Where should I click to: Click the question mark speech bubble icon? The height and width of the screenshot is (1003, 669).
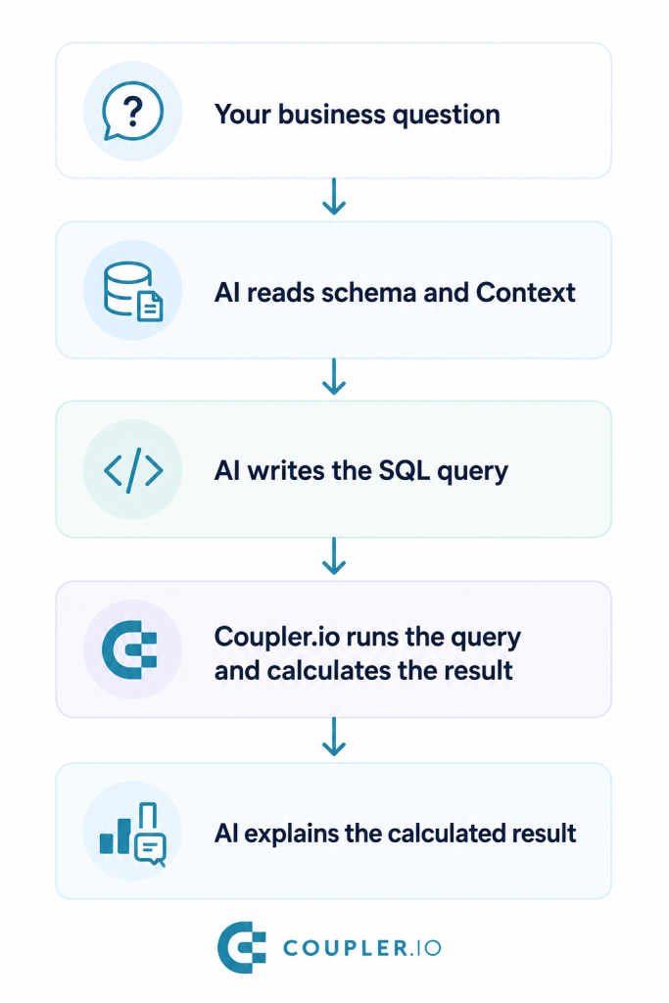coord(132,112)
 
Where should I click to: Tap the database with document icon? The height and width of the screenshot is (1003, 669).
coord(133,291)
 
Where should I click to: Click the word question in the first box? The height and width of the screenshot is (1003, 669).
coord(446,116)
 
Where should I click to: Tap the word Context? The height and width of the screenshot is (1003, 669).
coord(525,292)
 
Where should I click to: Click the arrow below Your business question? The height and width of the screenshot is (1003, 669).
coord(334,197)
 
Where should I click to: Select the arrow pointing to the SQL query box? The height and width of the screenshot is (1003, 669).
coord(334,377)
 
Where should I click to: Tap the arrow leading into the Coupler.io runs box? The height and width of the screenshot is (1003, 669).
coord(334,556)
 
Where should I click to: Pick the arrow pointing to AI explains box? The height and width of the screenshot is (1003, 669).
coord(334,737)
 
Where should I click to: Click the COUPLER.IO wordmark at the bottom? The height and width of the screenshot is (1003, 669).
coord(362,948)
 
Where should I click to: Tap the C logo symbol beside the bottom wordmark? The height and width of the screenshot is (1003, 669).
coord(242,947)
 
